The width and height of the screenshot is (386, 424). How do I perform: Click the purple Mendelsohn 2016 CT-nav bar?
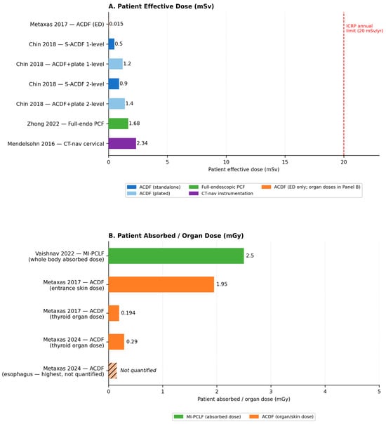tap(122, 143)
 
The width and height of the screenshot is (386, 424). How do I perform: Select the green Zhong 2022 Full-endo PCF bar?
tap(119, 124)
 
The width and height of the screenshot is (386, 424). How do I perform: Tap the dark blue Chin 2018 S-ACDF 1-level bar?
tap(112, 44)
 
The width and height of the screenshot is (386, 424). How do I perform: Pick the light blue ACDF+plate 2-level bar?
tap(117, 104)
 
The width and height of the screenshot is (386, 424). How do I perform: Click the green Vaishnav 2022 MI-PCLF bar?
tap(176, 256)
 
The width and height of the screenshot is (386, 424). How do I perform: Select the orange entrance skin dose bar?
tap(161, 284)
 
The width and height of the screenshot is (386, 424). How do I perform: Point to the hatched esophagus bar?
tap(113, 371)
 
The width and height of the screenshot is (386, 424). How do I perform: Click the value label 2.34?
tap(142, 143)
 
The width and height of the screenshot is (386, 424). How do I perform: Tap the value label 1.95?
tap(222, 284)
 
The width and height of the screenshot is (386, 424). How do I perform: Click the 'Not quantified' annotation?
tap(138, 370)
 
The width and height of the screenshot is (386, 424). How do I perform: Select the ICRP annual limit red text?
tap(365, 28)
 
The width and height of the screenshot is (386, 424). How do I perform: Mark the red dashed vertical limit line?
tap(344, 84)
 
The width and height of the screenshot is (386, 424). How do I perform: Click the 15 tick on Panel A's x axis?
tap(285, 162)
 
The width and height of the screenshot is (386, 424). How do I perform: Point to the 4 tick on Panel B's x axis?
tap(325, 391)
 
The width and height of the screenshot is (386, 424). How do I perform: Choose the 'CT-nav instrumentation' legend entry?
tap(221, 193)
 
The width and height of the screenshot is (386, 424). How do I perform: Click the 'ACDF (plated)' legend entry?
tap(149, 193)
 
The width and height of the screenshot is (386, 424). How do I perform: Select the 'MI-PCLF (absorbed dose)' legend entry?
tap(207, 417)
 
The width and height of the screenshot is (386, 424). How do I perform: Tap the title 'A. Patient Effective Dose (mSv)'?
tap(161, 6)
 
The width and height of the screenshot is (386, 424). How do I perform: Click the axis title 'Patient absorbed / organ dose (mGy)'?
tap(244, 399)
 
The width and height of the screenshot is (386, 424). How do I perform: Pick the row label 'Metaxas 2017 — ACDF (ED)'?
tap(67, 25)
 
